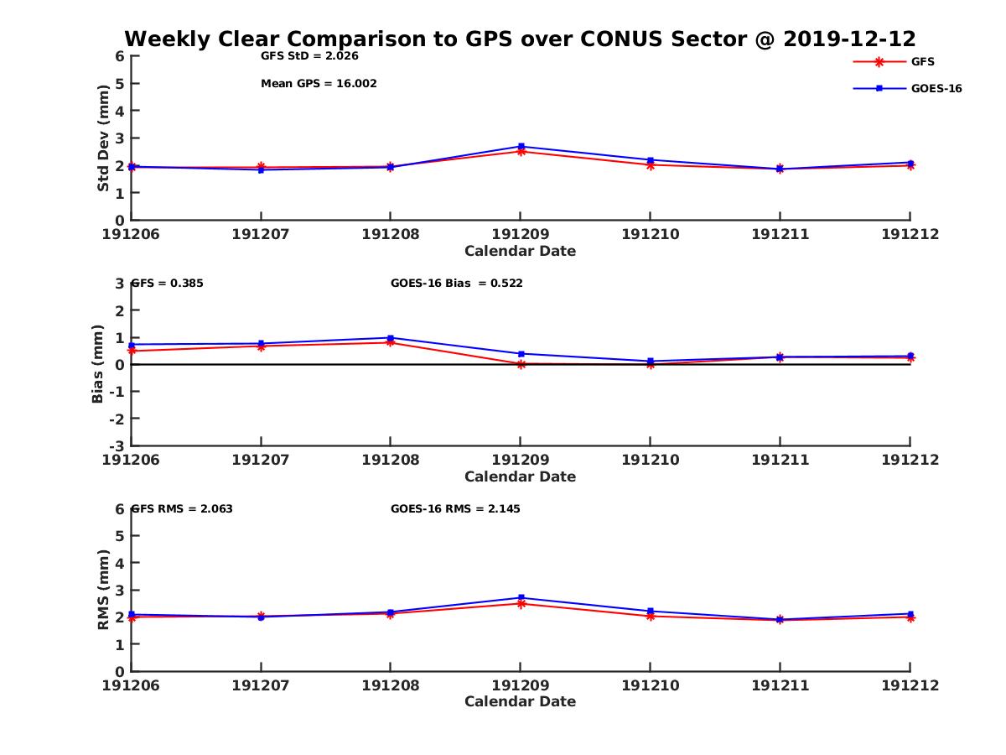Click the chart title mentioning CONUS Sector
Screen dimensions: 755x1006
click(520, 39)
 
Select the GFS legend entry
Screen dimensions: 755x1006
click(922, 62)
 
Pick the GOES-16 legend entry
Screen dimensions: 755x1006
click(936, 88)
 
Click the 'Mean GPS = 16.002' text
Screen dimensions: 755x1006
click(319, 84)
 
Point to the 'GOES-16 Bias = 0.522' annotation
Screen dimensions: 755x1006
click(456, 284)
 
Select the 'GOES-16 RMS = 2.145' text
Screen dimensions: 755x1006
click(455, 509)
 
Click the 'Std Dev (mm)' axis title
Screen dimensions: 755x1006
click(103, 138)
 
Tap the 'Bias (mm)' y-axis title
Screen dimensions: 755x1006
click(98, 363)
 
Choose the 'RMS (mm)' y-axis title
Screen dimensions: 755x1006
click(103, 590)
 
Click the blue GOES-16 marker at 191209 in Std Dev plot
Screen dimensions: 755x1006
click(521, 147)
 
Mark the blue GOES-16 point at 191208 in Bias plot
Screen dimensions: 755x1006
click(391, 338)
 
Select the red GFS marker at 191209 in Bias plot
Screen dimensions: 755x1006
click(521, 364)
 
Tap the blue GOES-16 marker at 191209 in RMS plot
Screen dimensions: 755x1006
click(521, 597)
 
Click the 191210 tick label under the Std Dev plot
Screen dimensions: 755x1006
click(650, 234)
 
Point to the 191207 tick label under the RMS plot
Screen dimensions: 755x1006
click(261, 685)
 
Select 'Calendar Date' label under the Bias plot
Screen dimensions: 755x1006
click(520, 476)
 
